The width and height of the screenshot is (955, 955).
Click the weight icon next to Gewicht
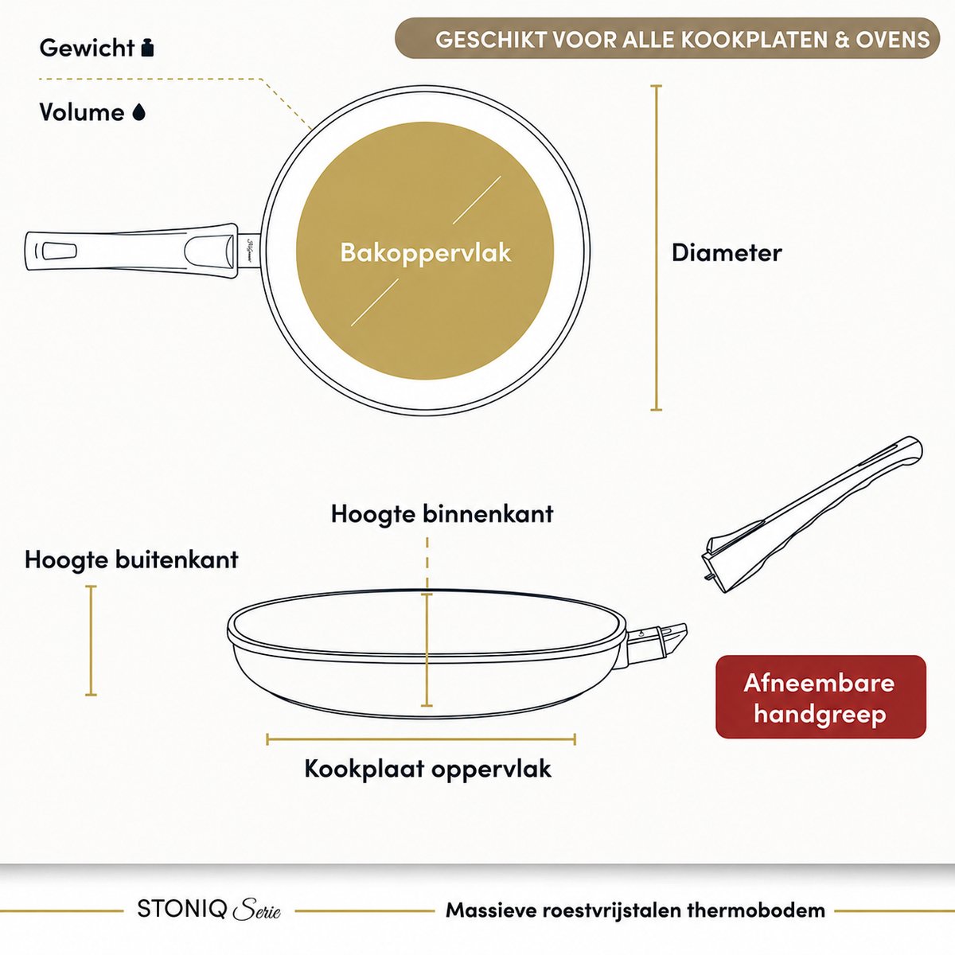(x=147, y=48)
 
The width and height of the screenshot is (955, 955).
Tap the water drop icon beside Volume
(x=139, y=112)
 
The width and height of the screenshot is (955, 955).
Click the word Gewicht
(x=87, y=49)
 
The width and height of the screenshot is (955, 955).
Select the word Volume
(x=82, y=112)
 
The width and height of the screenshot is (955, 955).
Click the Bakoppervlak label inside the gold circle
(x=425, y=253)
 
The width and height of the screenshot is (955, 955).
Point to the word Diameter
(x=727, y=253)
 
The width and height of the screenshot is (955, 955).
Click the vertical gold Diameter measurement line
(x=656, y=248)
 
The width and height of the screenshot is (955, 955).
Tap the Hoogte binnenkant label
(x=442, y=514)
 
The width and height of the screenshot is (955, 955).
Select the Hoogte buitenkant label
(x=131, y=560)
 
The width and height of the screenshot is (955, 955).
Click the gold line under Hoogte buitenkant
(x=91, y=641)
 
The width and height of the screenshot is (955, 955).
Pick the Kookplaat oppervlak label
(x=427, y=769)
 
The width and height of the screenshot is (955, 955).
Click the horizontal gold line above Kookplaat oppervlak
(x=421, y=739)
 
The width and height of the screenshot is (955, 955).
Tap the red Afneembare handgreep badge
(x=821, y=697)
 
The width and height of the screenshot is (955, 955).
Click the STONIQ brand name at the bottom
(x=182, y=910)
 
